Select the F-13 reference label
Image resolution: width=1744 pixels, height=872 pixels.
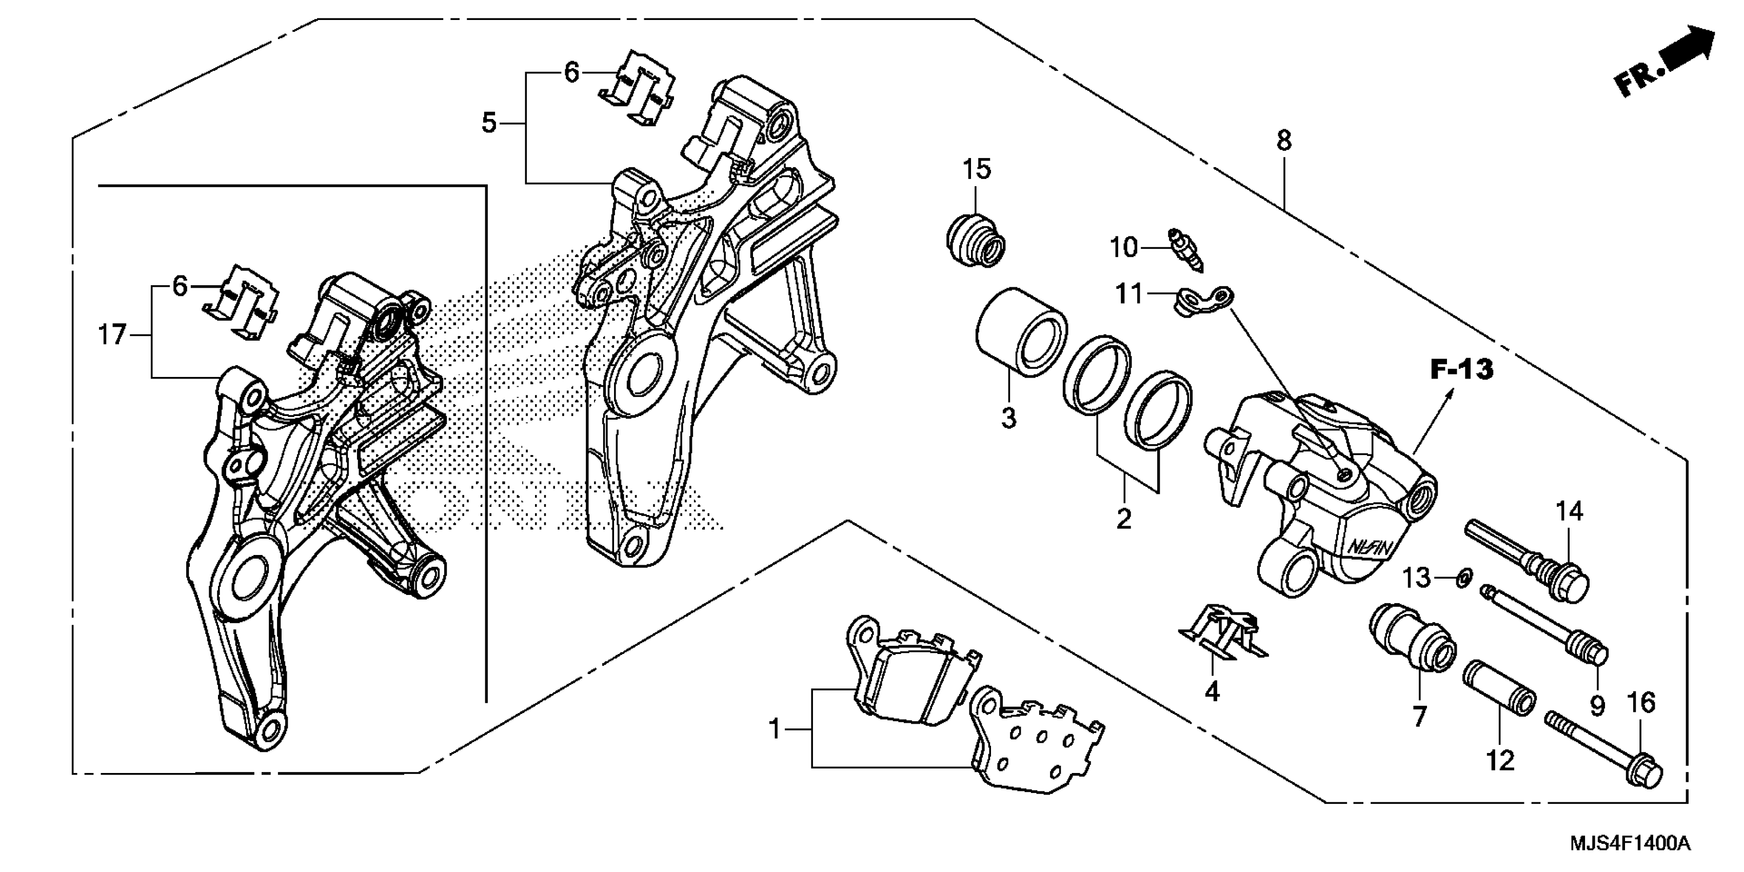(1461, 370)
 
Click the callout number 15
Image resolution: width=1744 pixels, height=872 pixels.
(976, 169)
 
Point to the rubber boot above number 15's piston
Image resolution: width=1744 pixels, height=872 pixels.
(975, 241)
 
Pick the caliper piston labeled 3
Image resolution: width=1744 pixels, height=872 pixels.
(1021, 332)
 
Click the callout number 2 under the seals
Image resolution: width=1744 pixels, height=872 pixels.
(1124, 519)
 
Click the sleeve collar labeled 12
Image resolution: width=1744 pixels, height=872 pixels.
(1499, 696)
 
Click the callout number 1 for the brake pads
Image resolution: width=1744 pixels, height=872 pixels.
(775, 729)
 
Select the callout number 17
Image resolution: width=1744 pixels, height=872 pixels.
(112, 334)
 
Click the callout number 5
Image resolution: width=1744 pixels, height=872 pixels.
(489, 123)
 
